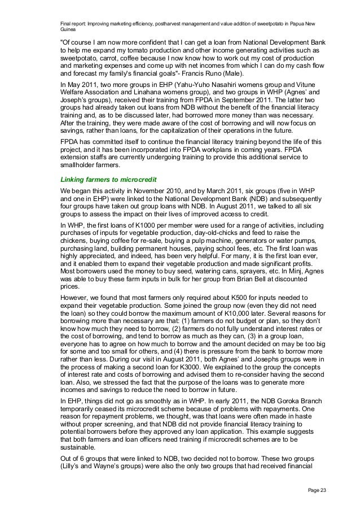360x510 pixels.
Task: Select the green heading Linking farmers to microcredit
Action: (107, 180)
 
